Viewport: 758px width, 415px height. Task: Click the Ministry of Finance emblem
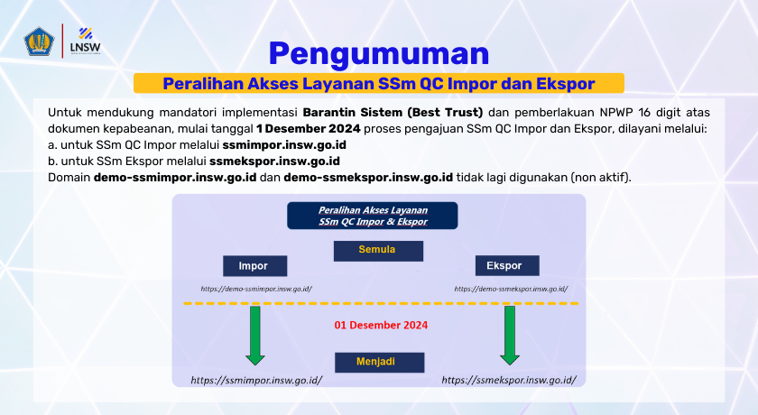click(41, 41)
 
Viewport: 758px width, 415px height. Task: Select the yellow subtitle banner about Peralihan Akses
click(379, 84)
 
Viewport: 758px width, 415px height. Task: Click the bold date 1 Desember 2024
click(307, 129)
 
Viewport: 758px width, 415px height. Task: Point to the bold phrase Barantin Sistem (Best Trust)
click(393, 113)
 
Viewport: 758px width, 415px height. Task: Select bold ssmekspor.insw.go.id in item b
click(274, 161)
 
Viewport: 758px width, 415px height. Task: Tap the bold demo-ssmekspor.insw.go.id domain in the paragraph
click(368, 177)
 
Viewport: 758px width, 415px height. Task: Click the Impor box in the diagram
click(254, 266)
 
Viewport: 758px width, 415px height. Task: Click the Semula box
click(378, 249)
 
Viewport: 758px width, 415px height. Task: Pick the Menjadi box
click(378, 363)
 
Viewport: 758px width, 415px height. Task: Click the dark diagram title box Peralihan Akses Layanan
click(373, 216)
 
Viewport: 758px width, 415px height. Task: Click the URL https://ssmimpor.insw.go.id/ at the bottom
click(256, 381)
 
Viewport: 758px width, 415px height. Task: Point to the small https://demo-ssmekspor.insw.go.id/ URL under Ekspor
click(511, 289)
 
